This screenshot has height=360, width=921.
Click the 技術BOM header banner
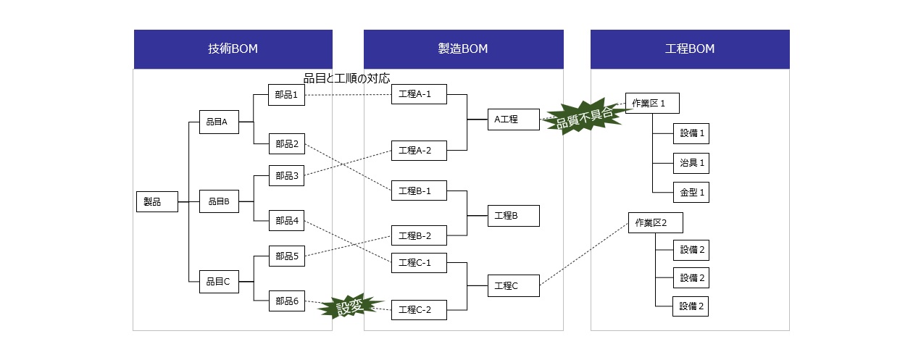click(233, 49)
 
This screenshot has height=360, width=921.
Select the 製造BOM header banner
click(463, 49)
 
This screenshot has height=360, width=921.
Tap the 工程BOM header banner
click(690, 49)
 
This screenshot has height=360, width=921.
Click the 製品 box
click(157, 201)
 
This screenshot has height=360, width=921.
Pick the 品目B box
click(219, 201)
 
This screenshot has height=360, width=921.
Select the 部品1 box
click(286, 95)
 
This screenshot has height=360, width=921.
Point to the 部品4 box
click(286, 220)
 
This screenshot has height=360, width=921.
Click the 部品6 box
click(286, 301)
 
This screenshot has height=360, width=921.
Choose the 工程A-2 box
click(419, 151)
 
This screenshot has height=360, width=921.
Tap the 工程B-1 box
click(419, 191)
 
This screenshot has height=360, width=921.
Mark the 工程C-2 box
click(419, 309)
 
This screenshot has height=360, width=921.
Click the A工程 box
click(513, 119)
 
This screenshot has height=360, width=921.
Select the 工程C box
click(513, 286)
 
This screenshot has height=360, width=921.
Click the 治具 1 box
click(691, 163)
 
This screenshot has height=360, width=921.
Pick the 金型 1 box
click(691, 193)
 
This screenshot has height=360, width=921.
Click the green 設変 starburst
click(350, 306)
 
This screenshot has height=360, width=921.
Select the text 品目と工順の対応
click(346, 78)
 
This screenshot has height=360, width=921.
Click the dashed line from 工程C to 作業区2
click(584, 254)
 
